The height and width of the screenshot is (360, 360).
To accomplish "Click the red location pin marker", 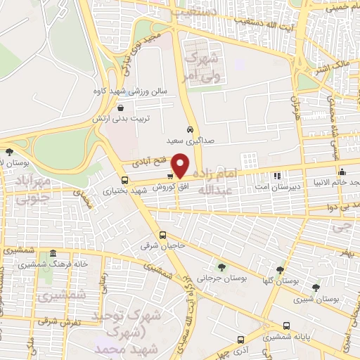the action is pos(180,165).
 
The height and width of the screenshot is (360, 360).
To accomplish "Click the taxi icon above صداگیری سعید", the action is pos(190,129).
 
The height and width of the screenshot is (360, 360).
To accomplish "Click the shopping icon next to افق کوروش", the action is pos(171,176).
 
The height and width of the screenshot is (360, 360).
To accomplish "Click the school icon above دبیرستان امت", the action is pos(277,175).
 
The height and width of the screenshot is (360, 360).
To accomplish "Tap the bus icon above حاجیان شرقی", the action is pos(162,235).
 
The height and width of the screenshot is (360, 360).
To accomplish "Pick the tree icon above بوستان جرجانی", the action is pos(222,266).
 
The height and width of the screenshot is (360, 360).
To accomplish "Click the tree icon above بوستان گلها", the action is pos(280,269).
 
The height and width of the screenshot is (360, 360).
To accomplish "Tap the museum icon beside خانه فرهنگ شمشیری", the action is pos(53,253).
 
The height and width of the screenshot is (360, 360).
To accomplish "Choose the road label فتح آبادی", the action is pos(148,162).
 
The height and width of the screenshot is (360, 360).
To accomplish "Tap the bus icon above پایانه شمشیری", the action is pos(286,326).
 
